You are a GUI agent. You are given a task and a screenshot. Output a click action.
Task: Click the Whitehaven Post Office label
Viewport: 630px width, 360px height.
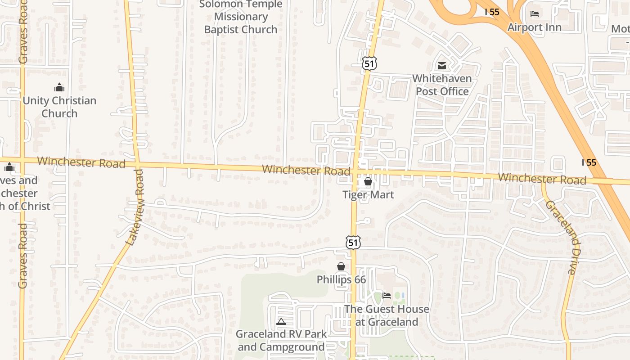click(x=442, y=85)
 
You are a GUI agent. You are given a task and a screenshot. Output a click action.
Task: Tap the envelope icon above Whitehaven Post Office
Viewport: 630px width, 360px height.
click(x=442, y=66)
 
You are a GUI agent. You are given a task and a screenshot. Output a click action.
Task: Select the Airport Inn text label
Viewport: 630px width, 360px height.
click(x=535, y=27)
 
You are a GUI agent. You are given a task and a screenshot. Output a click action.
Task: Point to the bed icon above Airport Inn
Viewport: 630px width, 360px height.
click(x=535, y=13)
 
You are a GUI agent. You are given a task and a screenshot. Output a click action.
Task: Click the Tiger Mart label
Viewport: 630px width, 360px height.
click(x=368, y=195)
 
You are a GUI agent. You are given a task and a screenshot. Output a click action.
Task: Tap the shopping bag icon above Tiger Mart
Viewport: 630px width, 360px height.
click(x=368, y=181)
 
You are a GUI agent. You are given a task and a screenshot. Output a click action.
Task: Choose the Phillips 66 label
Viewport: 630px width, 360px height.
click(x=341, y=279)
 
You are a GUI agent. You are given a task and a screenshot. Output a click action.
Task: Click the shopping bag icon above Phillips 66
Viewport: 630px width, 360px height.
click(x=341, y=266)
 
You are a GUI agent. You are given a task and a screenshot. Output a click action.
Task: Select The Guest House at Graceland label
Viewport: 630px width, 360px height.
click(x=387, y=315)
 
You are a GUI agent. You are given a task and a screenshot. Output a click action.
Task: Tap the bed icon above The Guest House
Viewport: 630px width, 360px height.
click(x=387, y=296)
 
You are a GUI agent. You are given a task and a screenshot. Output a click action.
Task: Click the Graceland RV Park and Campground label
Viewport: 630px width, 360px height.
click(x=281, y=341)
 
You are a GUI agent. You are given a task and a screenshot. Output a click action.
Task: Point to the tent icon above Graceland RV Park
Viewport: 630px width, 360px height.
click(x=281, y=321)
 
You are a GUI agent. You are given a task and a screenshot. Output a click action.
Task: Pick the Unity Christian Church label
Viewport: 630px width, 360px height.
click(x=59, y=107)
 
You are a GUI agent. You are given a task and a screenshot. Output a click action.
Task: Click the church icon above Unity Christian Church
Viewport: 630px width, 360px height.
click(x=59, y=87)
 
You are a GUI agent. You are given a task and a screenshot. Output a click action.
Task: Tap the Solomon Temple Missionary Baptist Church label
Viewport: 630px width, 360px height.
click(x=241, y=17)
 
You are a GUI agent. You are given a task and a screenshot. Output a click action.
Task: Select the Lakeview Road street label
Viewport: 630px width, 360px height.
click(x=136, y=207)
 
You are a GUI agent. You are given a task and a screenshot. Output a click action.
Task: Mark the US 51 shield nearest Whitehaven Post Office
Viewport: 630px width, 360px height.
click(x=369, y=63)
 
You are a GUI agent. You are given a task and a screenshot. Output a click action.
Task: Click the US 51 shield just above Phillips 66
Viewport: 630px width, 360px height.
click(x=353, y=243)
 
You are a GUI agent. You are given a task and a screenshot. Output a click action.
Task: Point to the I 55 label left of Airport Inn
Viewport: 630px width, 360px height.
click(x=492, y=12)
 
